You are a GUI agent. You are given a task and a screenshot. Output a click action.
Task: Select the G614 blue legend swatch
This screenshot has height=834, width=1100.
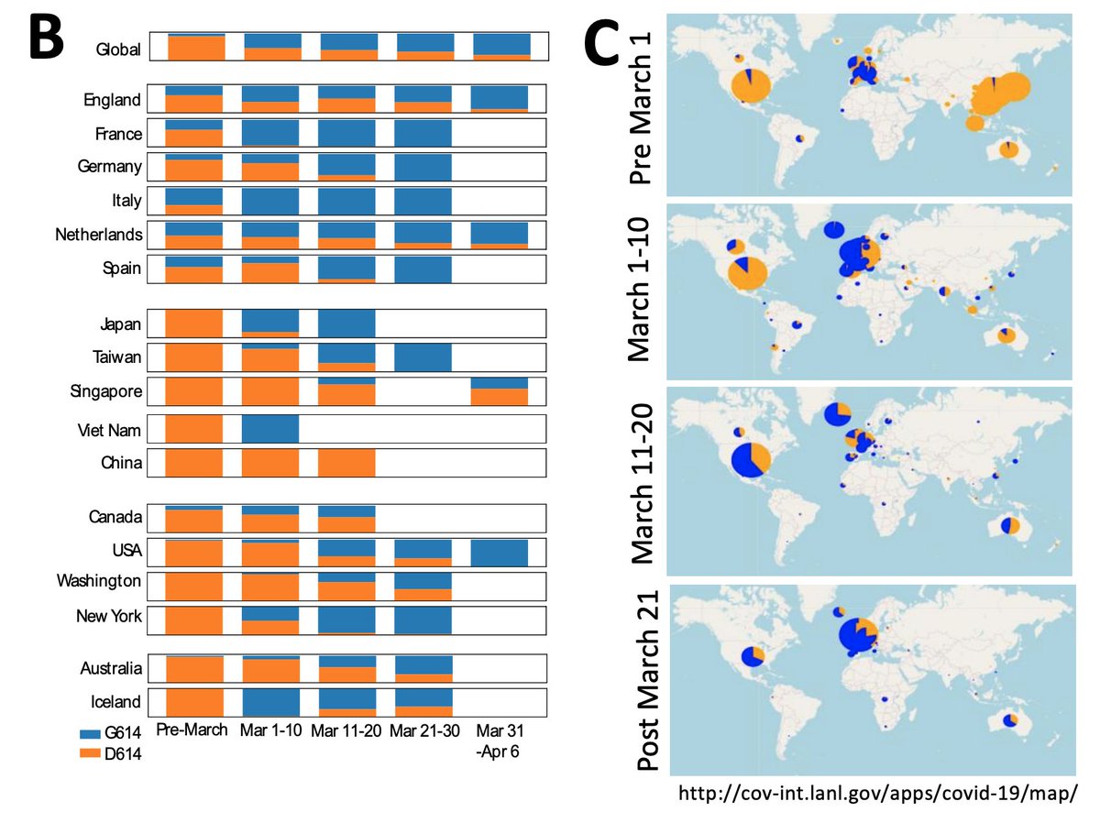pos(104,735)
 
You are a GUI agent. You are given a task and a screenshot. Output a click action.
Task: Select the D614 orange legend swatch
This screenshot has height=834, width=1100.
pos(104,753)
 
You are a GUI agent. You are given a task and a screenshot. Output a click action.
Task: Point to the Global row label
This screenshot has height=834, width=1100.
pos(119,49)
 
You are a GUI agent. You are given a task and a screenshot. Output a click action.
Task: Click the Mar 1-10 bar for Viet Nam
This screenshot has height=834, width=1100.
pos(270,429)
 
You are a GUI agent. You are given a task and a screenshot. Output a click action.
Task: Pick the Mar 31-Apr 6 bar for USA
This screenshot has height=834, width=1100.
pos(500,554)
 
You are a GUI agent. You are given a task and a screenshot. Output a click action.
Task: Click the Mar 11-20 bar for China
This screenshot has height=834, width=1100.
pos(346,463)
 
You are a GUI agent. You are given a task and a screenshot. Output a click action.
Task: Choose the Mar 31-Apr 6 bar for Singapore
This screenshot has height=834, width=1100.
pos(500,391)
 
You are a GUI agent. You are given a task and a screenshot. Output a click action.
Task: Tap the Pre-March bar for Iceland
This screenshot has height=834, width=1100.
pos(193,703)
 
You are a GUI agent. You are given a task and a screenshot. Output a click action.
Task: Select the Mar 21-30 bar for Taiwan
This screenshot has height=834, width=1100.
pos(423,357)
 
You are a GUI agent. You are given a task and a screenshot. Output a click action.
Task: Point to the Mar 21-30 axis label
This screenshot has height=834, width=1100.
pos(422,730)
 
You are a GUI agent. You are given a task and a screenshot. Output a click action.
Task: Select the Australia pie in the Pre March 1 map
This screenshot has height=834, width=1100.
pos(1006,148)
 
